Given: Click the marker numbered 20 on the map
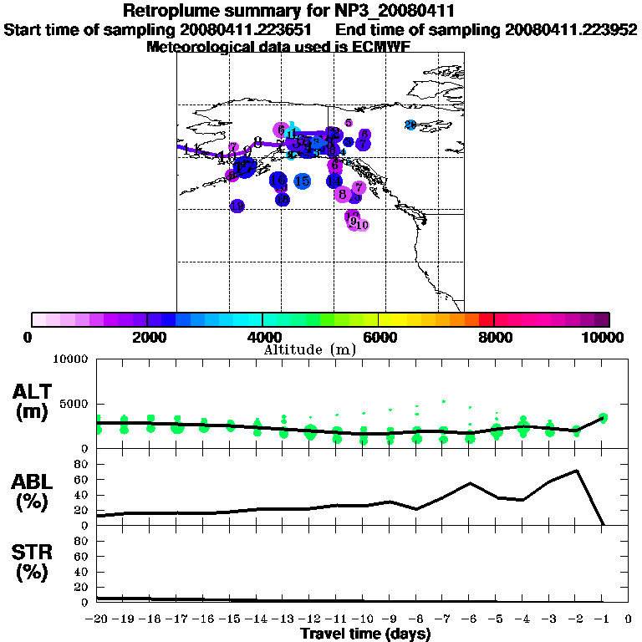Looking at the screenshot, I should pos(410,125).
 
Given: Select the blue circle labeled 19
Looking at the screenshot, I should pos(237,206).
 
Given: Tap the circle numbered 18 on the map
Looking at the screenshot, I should pos(283,200).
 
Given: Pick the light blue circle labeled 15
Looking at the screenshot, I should pos(303,181).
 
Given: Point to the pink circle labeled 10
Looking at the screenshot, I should pos(362,224).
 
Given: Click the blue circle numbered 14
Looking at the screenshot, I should pos(334,181).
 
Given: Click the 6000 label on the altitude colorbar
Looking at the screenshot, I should pos(379,337).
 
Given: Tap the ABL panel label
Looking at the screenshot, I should pos(33,492).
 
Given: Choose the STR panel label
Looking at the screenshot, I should pos(33,562).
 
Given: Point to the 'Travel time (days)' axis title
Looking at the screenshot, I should pos(365,634).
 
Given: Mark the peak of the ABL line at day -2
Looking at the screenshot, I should pos(576,471).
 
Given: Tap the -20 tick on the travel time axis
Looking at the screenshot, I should pos(97,619).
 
